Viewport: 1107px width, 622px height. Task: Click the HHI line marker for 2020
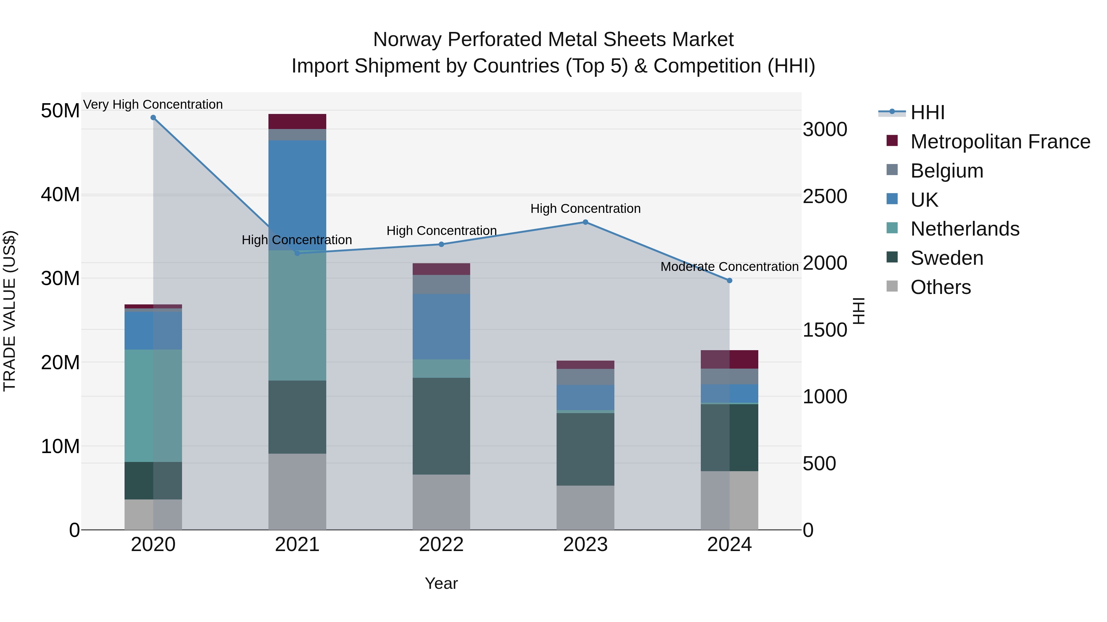coord(153,118)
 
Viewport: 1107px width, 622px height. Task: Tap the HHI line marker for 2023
coord(585,222)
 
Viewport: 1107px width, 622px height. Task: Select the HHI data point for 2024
coord(729,281)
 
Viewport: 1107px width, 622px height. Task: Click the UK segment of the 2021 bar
coord(297,195)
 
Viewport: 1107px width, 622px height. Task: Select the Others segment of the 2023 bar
coord(585,507)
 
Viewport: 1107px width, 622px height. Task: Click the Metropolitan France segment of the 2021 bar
coord(297,121)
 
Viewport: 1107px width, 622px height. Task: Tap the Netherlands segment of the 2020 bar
coord(153,406)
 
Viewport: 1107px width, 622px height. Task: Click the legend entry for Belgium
coord(947,171)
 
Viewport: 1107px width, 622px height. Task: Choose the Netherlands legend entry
coord(965,229)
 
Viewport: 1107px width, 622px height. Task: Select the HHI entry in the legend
coord(927,112)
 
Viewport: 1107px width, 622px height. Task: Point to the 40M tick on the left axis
coord(60,195)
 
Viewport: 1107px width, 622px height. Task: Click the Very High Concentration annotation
coord(153,105)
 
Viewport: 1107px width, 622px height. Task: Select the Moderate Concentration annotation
coord(729,267)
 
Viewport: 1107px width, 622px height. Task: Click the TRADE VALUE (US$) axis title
coord(10,311)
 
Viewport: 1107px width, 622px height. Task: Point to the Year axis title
coord(441,584)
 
